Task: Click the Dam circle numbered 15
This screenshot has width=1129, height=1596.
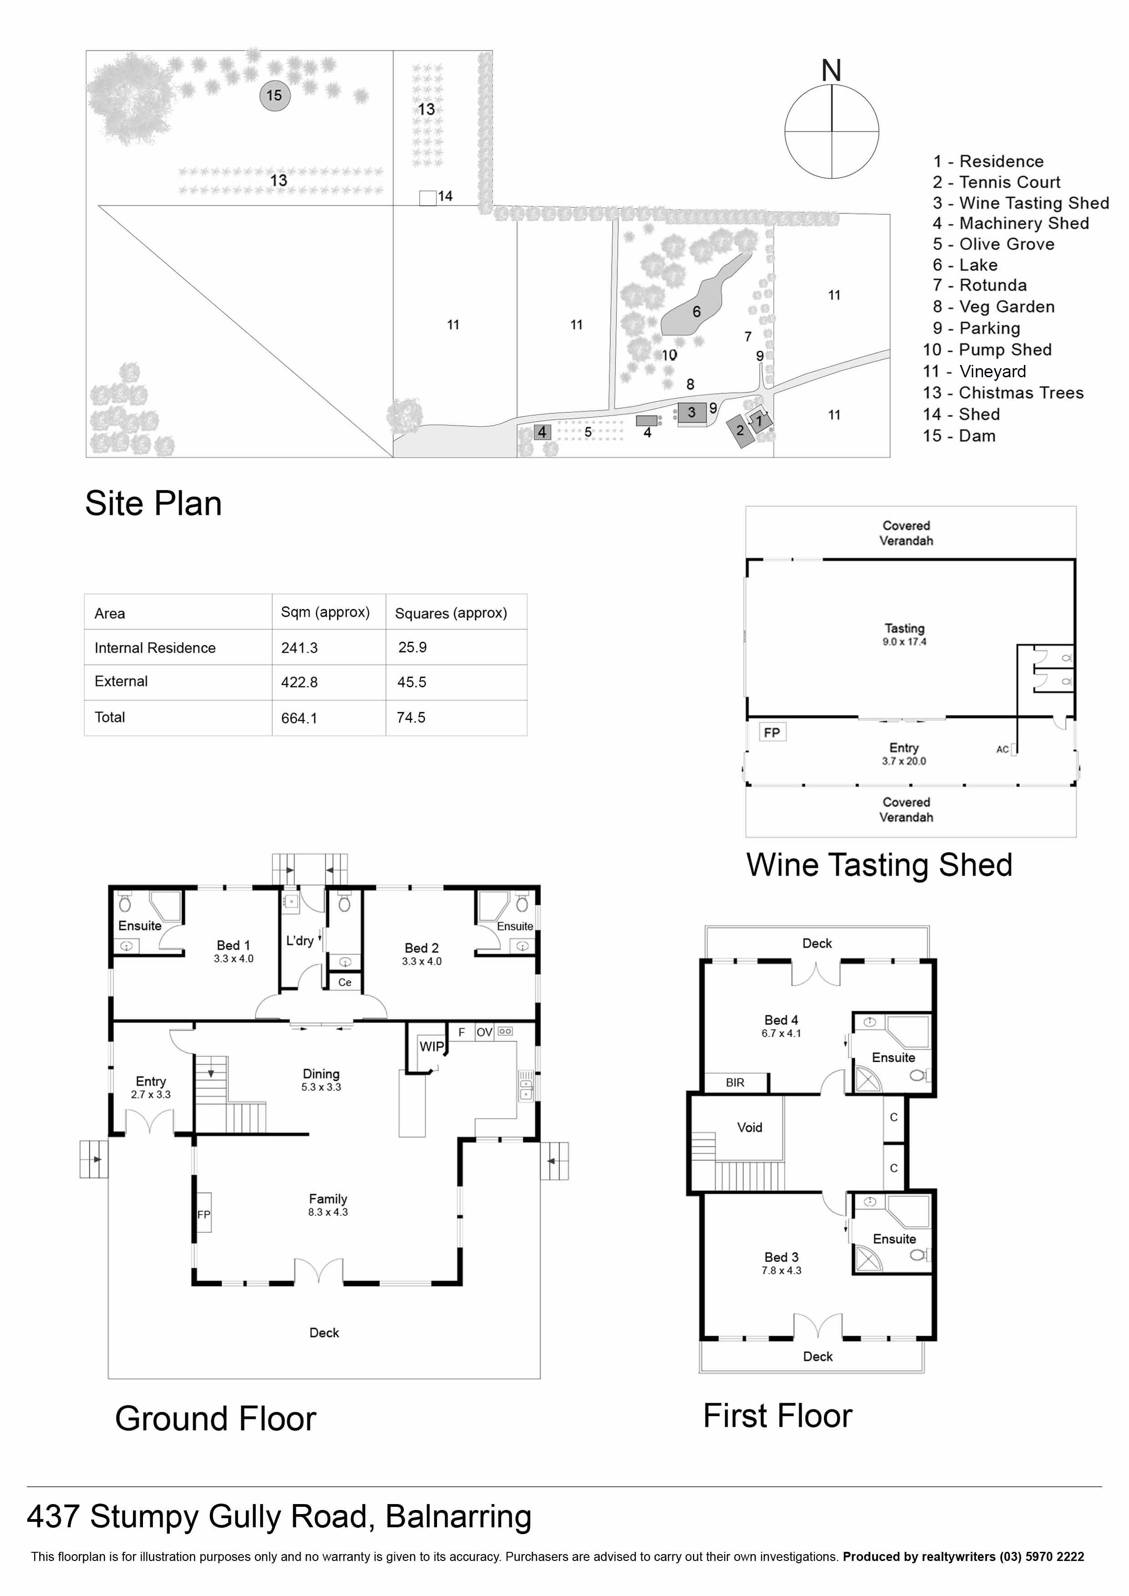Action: (x=275, y=95)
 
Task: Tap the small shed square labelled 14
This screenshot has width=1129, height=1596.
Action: (x=427, y=198)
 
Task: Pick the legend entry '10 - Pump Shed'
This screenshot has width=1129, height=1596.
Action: (x=987, y=350)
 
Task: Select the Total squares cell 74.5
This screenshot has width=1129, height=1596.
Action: (x=411, y=717)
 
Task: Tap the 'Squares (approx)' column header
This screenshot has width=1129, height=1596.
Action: (x=451, y=613)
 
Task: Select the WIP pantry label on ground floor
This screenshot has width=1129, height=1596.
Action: (x=431, y=1046)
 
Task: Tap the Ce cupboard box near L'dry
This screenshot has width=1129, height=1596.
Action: (x=345, y=982)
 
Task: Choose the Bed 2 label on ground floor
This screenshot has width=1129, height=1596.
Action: (x=421, y=953)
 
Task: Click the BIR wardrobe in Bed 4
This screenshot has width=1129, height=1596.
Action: (x=735, y=1082)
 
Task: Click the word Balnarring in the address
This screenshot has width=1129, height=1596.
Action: (x=458, y=1516)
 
